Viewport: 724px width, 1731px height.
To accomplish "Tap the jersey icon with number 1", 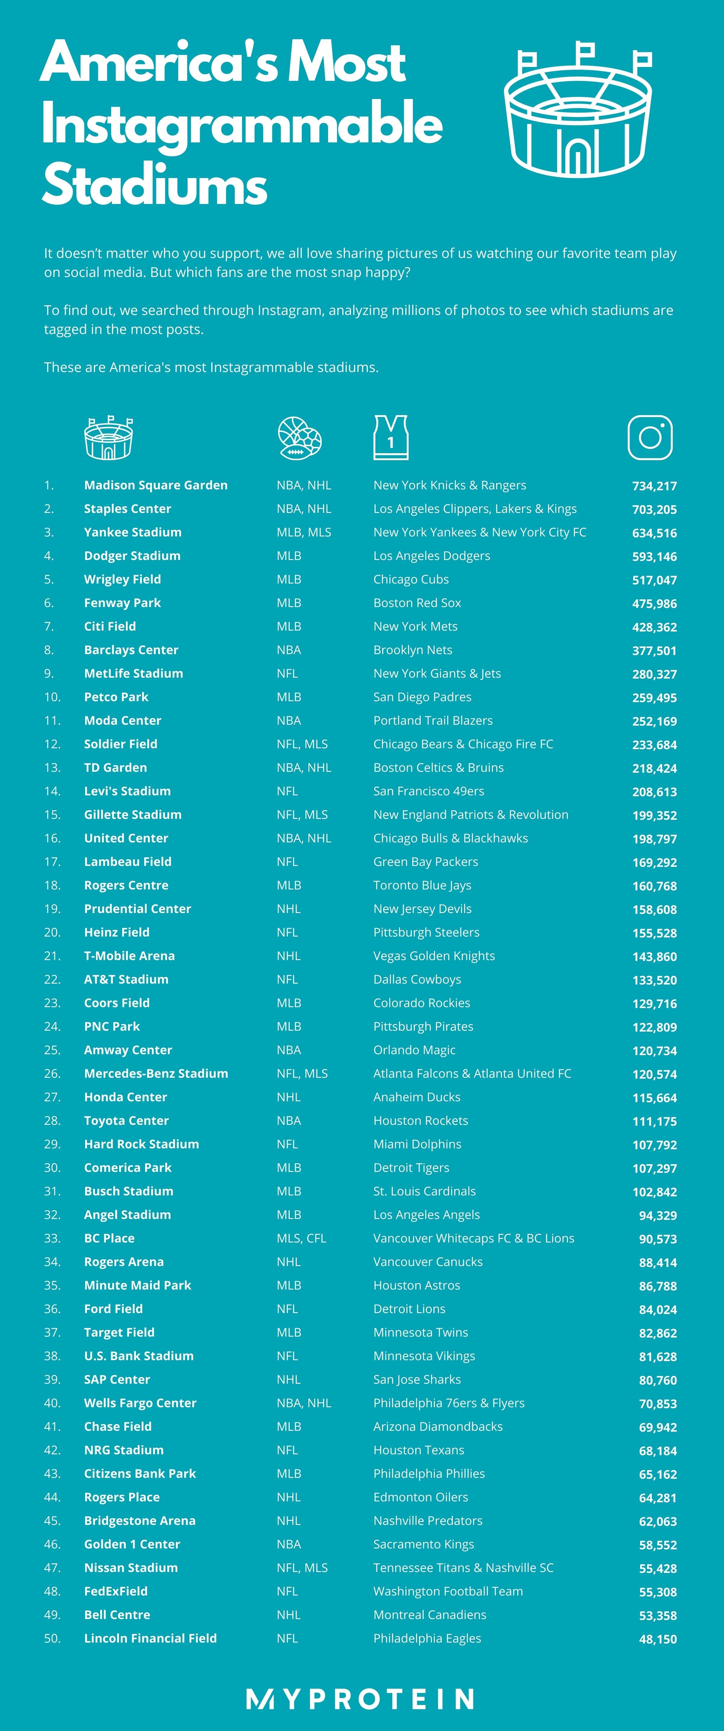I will click(x=391, y=438).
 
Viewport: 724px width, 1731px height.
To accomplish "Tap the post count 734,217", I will click(x=654, y=486).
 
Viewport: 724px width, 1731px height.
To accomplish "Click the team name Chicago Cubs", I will click(x=411, y=579).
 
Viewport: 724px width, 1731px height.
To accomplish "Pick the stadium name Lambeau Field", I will click(x=128, y=861).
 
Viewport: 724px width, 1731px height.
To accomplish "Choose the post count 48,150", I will click(x=657, y=1639).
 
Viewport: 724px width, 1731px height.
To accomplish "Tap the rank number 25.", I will click(x=53, y=1050).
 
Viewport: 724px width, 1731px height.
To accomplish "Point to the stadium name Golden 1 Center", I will click(x=132, y=1544).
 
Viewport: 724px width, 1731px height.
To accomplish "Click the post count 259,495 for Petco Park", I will click(x=654, y=698).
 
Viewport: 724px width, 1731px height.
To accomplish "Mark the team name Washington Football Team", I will click(x=448, y=1591).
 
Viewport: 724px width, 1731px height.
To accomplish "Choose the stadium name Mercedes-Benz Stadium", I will click(x=156, y=1073).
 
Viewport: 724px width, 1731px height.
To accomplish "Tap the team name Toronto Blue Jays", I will click(x=422, y=885).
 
